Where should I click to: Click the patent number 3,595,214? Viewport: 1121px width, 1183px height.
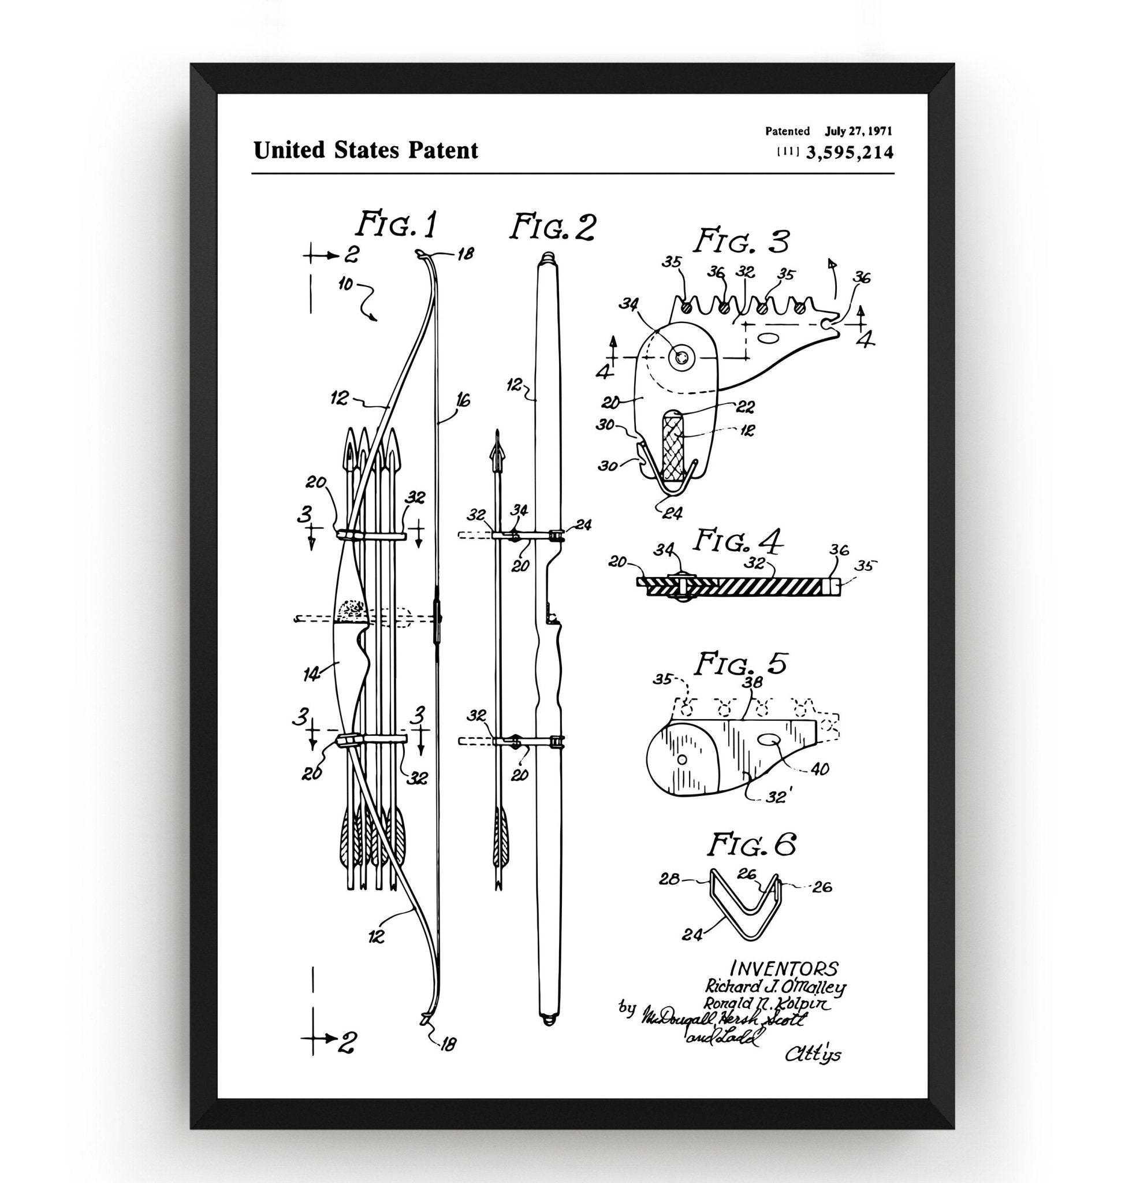pos(849,154)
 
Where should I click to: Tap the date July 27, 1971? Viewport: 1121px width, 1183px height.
pos(859,131)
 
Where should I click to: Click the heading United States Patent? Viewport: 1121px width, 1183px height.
pos(366,150)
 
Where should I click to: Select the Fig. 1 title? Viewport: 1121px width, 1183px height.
pos(396,225)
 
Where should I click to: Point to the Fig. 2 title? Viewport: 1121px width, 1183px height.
pos(552,228)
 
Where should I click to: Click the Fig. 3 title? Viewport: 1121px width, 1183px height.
pos(741,242)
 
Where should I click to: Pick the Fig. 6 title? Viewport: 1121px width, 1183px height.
pos(752,845)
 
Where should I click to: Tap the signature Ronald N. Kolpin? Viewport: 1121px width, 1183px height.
pos(767,1004)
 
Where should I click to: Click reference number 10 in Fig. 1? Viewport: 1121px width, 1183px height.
pos(345,285)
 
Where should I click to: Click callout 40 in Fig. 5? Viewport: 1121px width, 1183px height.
pos(821,769)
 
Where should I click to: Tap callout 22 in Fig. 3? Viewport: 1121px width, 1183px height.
pos(746,407)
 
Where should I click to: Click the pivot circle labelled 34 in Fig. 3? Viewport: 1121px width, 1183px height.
pos(682,358)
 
